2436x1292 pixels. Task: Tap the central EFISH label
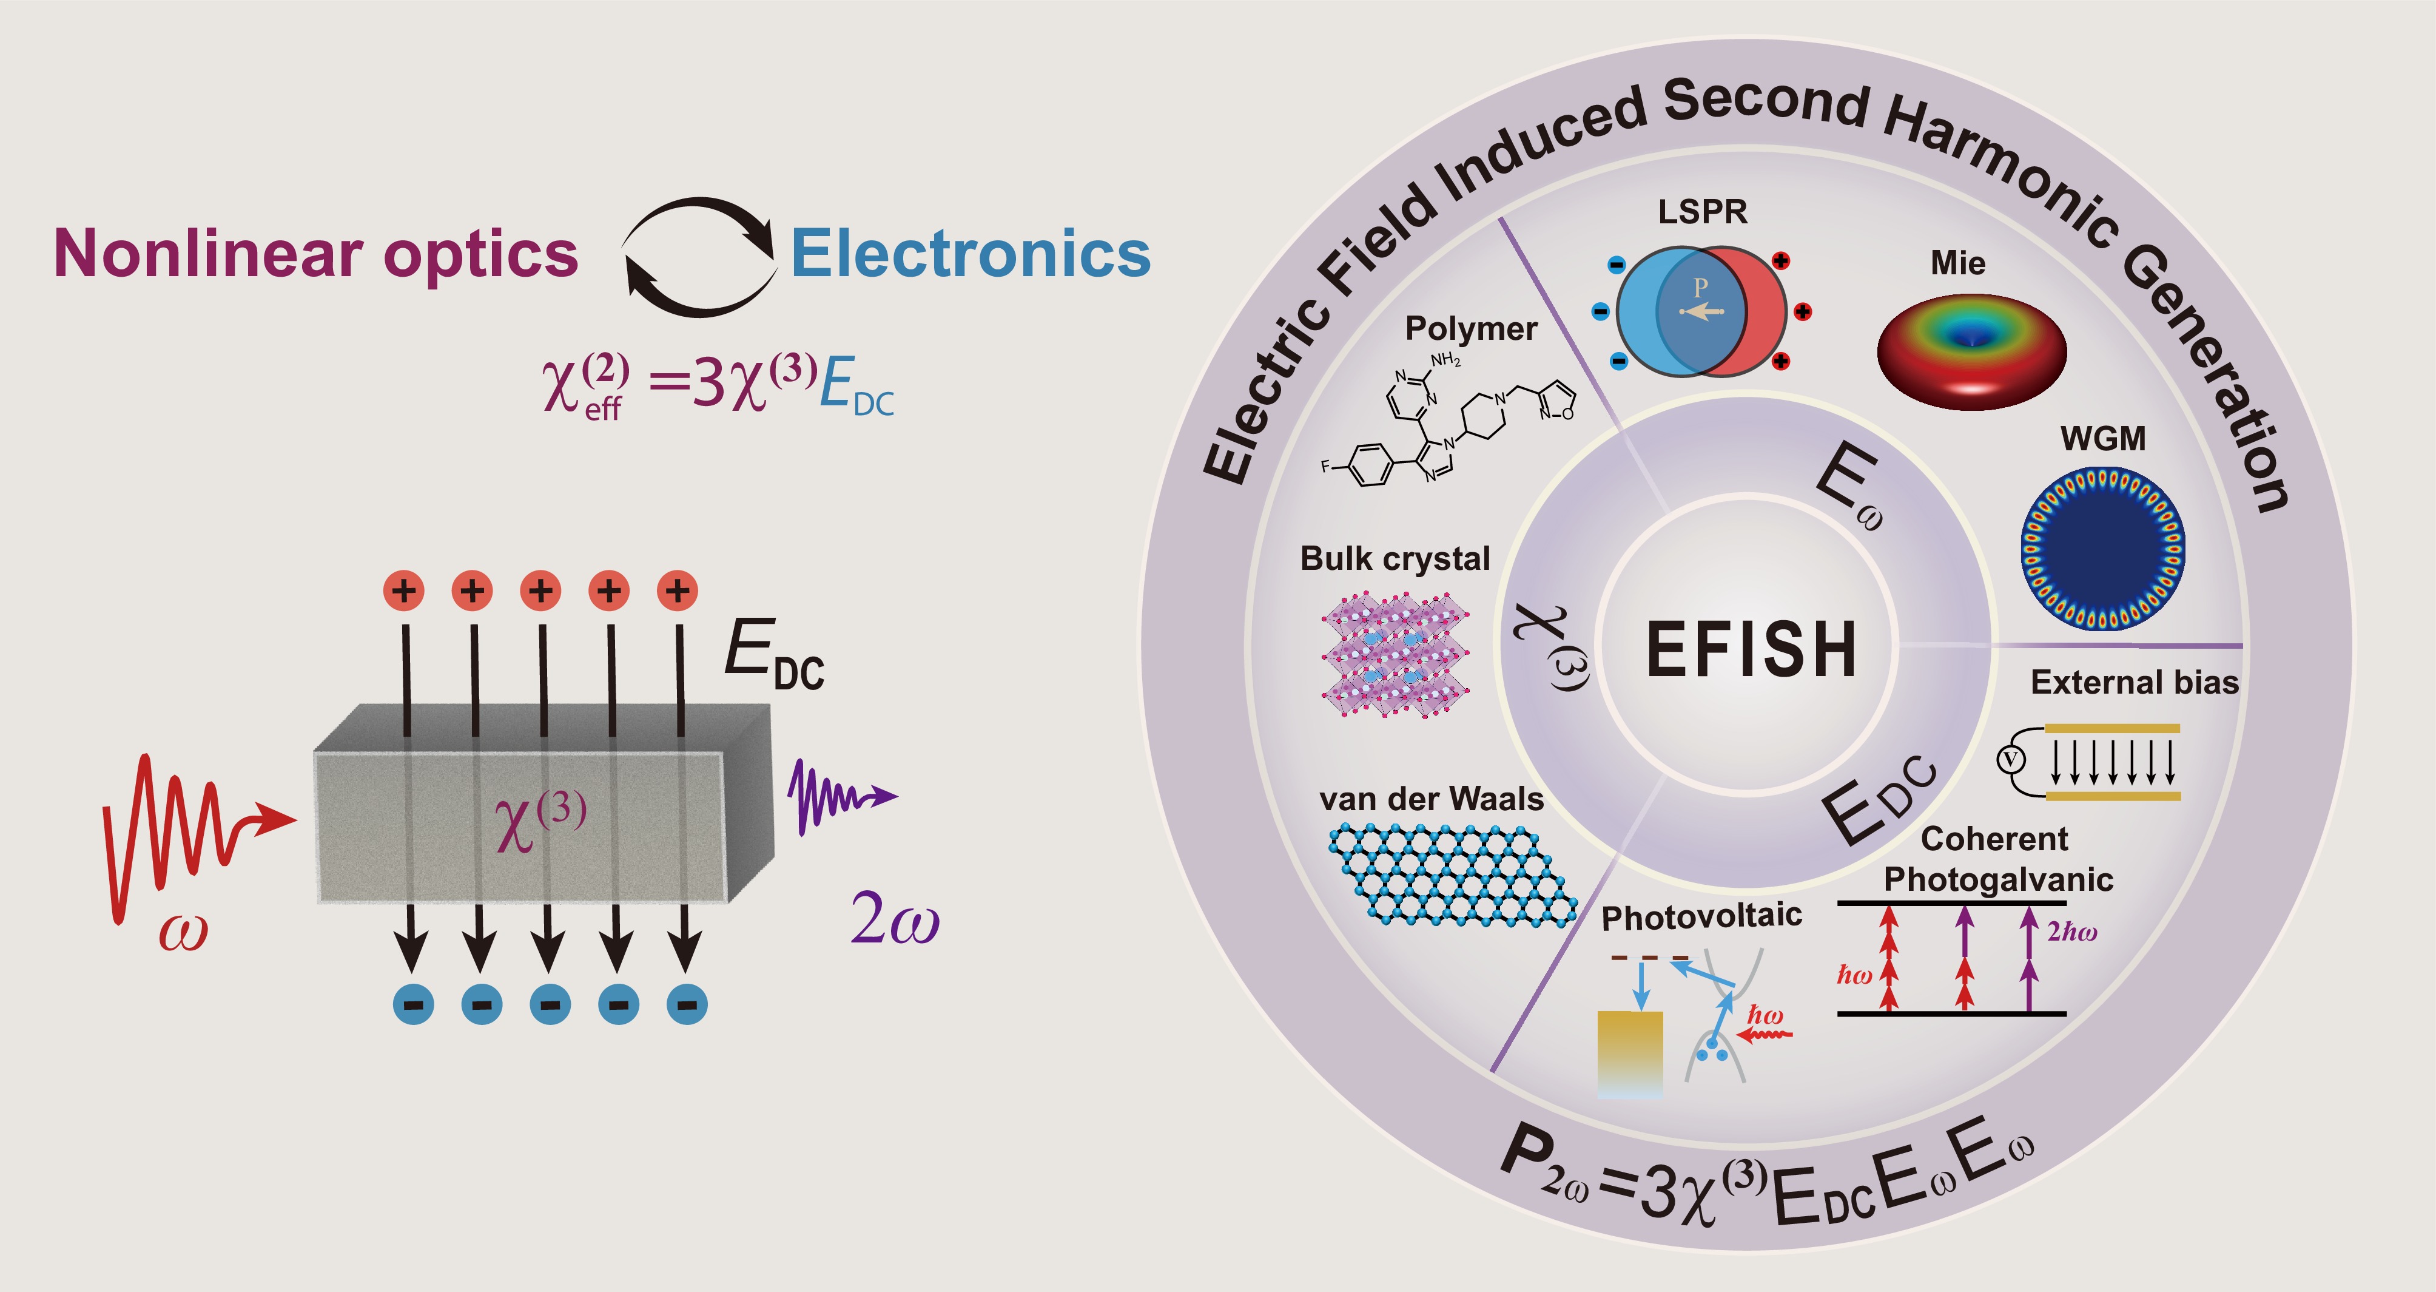[1751, 650]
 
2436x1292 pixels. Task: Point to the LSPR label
[1702, 212]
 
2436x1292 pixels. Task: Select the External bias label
[2135, 682]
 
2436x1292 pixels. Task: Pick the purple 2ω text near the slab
[893, 920]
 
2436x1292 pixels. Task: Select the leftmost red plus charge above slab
[404, 591]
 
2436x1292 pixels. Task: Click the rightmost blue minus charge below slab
[687, 1004]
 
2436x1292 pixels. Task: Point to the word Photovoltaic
[1700, 916]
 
